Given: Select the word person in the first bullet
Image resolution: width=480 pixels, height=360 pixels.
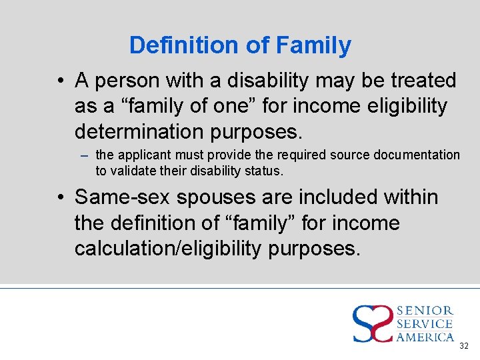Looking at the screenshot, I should (x=126, y=81).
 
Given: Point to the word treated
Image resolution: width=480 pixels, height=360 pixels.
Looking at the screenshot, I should (x=423, y=81).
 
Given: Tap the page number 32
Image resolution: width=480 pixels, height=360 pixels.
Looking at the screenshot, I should (x=464, y=346).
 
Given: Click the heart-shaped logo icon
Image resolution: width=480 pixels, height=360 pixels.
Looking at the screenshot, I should (x=373, y=323).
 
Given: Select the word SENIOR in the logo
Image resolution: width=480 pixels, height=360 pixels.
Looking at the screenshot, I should (x=425, y=311).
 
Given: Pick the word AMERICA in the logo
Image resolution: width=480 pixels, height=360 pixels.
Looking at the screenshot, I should (x=425, y=337).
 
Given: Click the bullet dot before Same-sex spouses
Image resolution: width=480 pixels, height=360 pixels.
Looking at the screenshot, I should (x=61, y=198).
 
